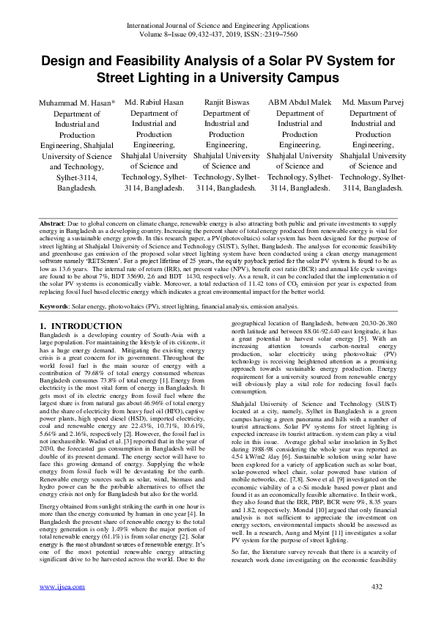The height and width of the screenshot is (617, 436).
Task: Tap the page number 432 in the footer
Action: (377, 607)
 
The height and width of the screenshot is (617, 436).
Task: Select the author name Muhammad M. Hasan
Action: (76, 103)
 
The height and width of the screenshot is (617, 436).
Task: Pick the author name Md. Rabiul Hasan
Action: (154, 103)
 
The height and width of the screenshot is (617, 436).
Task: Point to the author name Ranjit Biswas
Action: (226, 103)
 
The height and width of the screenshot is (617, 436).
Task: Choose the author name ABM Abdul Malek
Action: (300, 103)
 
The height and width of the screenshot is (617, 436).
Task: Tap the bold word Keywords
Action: (56, 306)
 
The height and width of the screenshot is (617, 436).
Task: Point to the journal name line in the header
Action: (217, 26)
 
